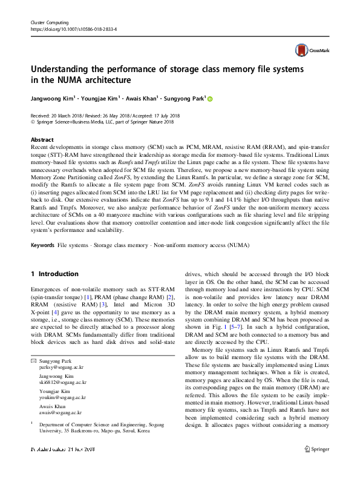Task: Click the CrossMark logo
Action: click(x=311, y=50)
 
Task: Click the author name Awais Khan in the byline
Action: click(x=143, y=97)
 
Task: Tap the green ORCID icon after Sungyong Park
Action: click(x=211, y=98)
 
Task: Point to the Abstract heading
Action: click(x=42, y=139)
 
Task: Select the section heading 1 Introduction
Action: click(x=54, y=274)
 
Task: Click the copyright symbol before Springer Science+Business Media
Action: click(x=33, y=121)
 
